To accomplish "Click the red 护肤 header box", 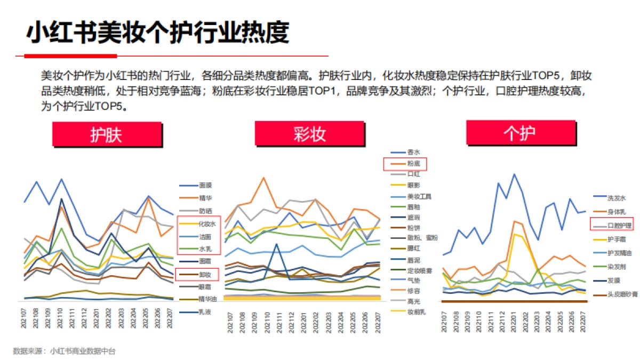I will tap(107, 134).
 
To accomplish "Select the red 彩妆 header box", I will tap(309, 133).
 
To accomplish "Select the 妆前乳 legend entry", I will tap(416, 311).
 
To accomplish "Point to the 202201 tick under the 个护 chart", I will tap(515, 321).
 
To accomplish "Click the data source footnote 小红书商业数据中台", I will tap(83, 351).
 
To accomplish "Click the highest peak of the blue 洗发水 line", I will tap(515, 174).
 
